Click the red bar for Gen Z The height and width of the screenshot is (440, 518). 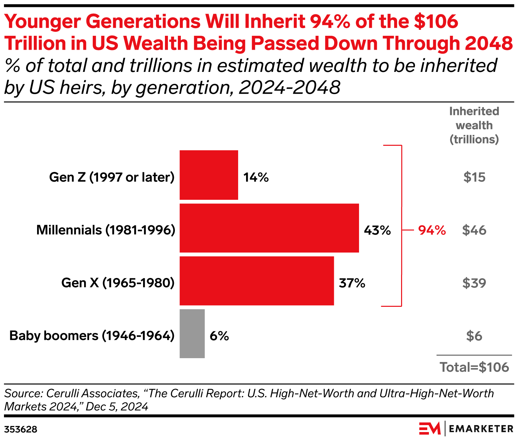tap(209, 175)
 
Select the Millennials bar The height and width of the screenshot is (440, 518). tap(269, 228)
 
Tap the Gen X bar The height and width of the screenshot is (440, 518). tap(257, 281)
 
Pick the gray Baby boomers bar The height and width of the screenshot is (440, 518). tap(192, 334)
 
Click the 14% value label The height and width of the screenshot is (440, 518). tap(256, 178)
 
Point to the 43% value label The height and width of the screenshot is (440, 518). tap(377, 230)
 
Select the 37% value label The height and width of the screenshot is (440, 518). tap(352, 283)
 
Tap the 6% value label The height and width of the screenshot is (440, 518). tap(219, 336)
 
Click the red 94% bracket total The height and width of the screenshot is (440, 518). tap(432, 230)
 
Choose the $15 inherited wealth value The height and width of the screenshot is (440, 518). tap(474, 178)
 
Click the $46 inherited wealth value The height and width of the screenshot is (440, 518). tap(474, 230)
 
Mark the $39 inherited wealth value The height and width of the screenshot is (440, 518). tap(474, 283)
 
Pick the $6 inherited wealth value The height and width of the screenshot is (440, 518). tap(474, 336)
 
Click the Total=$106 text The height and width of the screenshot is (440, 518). tap(474, 367)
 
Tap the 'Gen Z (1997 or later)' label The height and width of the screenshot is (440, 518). tap(112, 177)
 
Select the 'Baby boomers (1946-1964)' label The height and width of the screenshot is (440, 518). tap(92, 336)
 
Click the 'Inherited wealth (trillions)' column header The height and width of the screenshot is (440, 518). tap(474, 125)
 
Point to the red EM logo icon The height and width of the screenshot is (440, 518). tap(429, 428)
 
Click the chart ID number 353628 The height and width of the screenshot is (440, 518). tap(21, 430)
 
